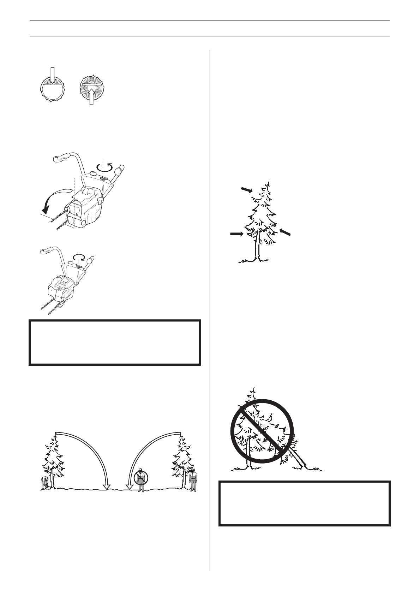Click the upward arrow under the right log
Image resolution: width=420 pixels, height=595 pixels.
(92, 96)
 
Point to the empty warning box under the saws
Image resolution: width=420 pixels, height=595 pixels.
(115, 342)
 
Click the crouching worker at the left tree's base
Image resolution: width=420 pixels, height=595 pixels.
(45, 482)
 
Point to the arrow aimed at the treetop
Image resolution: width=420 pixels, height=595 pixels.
(247, 190)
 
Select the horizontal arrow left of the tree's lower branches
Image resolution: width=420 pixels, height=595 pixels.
(236, 234)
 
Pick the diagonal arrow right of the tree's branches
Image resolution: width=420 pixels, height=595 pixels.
(286, 232)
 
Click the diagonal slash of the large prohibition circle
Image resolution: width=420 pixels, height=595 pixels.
(262, 431)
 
